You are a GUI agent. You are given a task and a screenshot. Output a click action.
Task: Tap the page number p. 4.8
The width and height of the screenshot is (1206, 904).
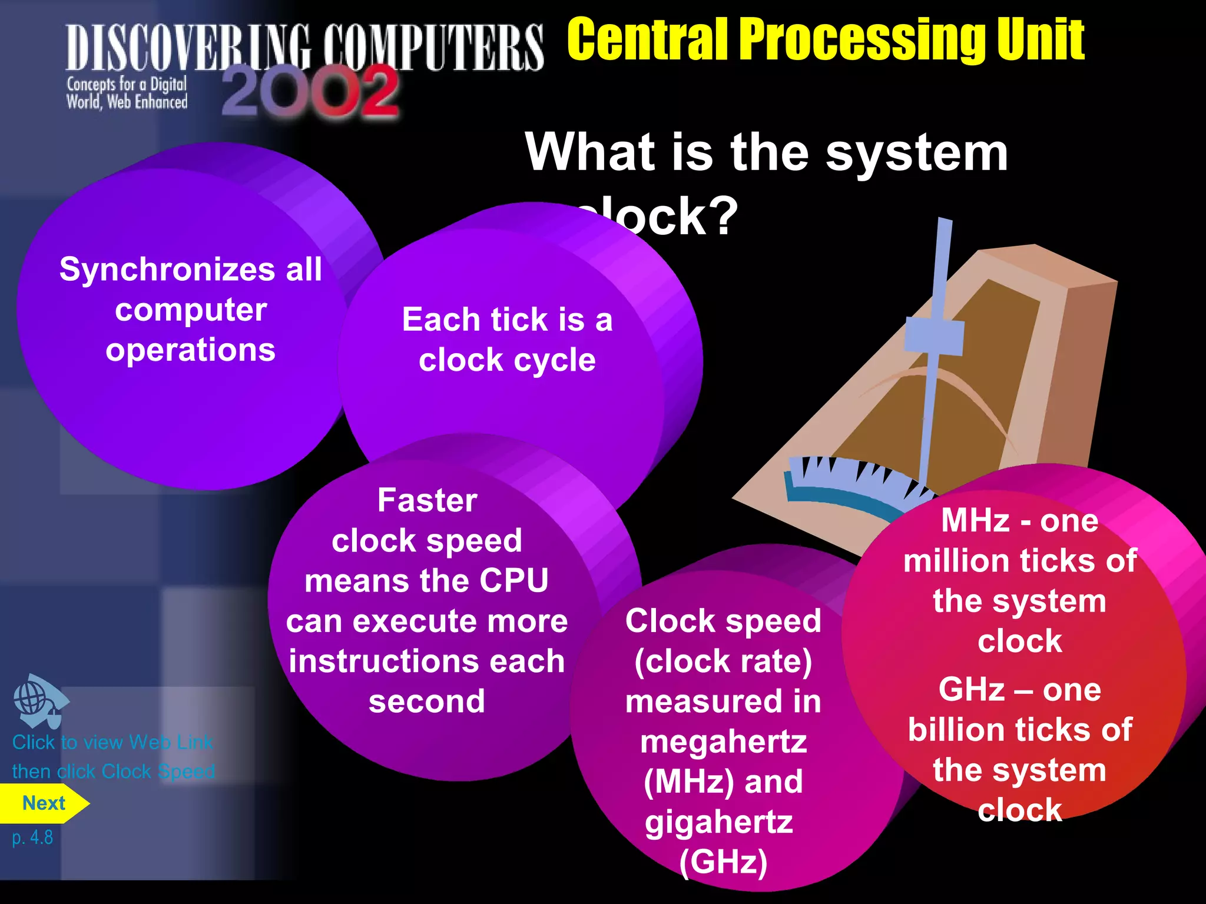click(x=32, y=837)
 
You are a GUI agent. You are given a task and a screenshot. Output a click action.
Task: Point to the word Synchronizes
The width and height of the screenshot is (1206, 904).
click(x=167, y=270)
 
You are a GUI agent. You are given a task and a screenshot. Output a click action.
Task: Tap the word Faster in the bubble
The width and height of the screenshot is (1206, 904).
click(x=427, y=501)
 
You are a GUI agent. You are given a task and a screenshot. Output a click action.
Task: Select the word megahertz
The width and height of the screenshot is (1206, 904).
click(x=723, y=742)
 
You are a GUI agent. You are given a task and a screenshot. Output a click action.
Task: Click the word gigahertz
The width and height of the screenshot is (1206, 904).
click(x=718, y=822)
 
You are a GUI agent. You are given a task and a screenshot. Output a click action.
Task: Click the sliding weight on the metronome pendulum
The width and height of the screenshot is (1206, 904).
click(x=934, y=337)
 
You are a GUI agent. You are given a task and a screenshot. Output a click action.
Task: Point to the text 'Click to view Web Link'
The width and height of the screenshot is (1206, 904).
click(x=112, y=742)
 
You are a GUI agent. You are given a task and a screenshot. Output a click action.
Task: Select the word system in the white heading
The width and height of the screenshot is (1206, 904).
click(x=916, y=153)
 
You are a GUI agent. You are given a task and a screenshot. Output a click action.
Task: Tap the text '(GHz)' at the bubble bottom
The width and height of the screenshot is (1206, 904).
click(x=723, y=862)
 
